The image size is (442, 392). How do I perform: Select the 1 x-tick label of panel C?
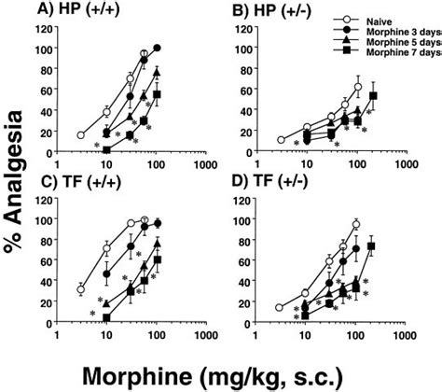[57, 339]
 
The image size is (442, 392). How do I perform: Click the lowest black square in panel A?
[106, 149]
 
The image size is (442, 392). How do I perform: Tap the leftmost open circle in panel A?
[81, 135]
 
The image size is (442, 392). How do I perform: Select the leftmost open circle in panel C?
[81, 289]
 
